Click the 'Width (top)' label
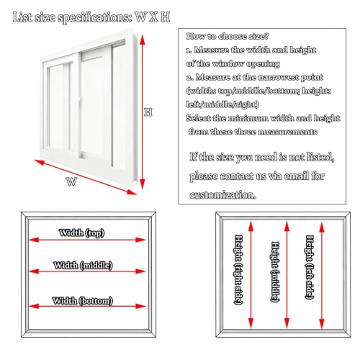(x=81, y=233)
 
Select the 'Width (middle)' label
(x=83, y=265)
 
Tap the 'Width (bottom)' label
(x=83, y=300)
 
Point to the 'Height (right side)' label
(x=238, y=269)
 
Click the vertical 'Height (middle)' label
(x=275, y=271)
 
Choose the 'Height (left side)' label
(x=310, y=267)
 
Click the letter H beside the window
(x=148, y=112)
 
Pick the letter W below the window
(x=71, y=181)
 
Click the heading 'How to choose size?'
(x=228, y=36)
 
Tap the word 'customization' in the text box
(x=222, y=194)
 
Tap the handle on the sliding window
(x=81, y=103)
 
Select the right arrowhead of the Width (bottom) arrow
(x=140, y=306)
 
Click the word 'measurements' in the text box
(x=287, y=132)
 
